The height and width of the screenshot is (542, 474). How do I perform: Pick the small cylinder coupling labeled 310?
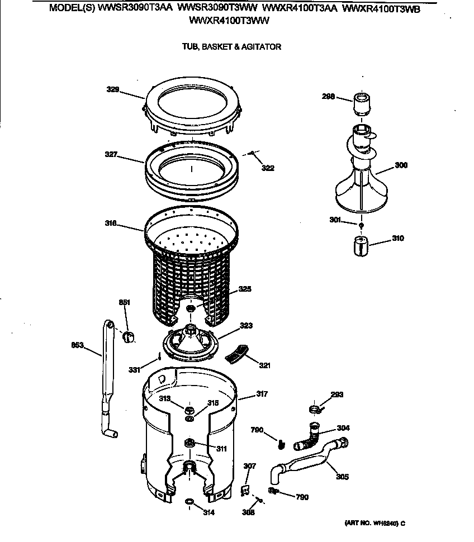(x=361, y=244)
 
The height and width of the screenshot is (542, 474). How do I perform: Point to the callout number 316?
(x=110, y=224)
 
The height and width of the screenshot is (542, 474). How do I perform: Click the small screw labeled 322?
(x=253, y=153)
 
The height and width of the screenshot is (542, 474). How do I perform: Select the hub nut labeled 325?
(x=191, y=308)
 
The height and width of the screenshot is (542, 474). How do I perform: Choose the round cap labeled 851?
(x=129, y=335)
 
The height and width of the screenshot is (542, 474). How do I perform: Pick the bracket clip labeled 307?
(x=244, y=489)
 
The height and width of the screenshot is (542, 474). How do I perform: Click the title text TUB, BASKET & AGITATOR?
(x=231, y=47)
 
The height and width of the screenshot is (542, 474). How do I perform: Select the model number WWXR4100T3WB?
(x=381, y=9)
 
